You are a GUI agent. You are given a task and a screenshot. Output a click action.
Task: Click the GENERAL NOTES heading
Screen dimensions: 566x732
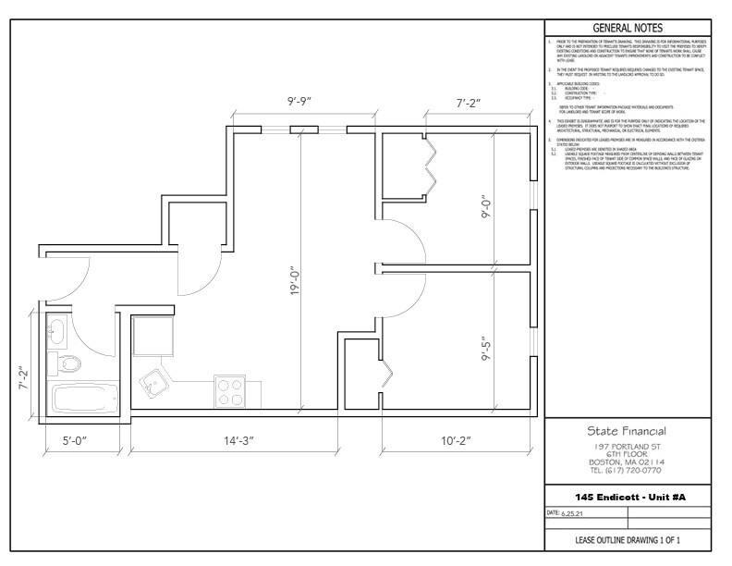(x=628, y=28)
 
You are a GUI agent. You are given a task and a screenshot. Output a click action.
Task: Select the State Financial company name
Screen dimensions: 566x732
(x=627, y=431)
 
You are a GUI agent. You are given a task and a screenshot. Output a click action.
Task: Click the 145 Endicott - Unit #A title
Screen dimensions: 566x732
(x=627, y=497)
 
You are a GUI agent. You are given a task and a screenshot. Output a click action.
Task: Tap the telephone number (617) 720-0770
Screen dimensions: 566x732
(x=627, y=469)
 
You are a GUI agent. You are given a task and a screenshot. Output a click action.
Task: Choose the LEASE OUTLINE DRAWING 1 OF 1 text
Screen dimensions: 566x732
(x=627, y=539)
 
